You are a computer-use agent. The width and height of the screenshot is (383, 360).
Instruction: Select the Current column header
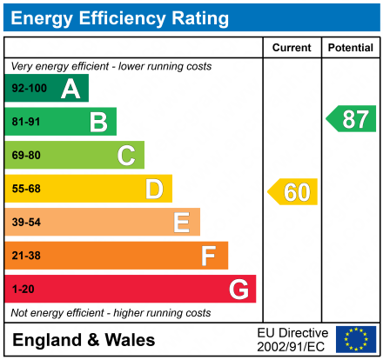pos(292,48)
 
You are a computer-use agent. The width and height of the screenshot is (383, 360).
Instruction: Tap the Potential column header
pos(350,48)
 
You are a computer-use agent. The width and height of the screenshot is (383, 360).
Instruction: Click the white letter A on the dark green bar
pos(71,89)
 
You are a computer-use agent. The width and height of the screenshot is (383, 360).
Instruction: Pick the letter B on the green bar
pos(98,122)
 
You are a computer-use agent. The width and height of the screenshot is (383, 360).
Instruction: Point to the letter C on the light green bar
pos(126,156)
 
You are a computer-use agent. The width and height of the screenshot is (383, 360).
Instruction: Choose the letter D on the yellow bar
pos(154,189)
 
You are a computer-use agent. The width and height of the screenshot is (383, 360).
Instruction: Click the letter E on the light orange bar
pos(181,223)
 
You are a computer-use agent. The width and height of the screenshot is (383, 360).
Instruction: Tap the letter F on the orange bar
pos(209,256)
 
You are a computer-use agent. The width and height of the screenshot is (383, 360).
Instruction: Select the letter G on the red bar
pos(238,290)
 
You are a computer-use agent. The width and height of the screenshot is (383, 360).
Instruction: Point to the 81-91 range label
pos(26,122)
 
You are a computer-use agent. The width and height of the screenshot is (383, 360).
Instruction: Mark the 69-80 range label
pos(26,156)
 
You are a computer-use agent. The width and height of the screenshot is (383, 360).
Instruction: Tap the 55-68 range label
pos(26,189)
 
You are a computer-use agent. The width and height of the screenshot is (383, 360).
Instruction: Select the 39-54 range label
pos(26,223)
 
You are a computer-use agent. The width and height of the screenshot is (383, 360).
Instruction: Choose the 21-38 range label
pos(26,256)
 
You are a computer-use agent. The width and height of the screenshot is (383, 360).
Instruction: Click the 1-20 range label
pos(23,290)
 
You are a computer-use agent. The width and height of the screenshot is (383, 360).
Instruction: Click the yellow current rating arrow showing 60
pos(293,192)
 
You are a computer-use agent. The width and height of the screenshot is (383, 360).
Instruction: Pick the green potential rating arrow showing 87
pos(352,119)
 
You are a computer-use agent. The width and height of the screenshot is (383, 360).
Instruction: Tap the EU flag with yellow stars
pos(356,339)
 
